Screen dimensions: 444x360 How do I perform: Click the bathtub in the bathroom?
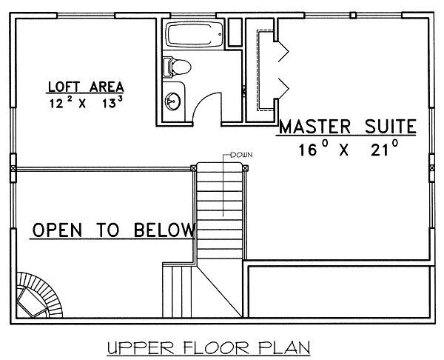[x=194, y=35]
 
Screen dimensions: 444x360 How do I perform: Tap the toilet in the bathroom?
[x=177, y=67]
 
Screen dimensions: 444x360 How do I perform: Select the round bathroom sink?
[x=172, y=101]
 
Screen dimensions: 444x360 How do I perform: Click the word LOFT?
[x=64, y=87]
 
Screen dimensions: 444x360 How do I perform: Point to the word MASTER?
[x=315, y=127]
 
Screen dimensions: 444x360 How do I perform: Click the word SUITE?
[x=391, y=127]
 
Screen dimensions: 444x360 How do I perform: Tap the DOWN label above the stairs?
[x=241, y=155]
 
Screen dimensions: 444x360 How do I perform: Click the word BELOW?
[x=164, y=230]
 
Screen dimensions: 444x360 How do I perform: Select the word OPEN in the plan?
[x=57, y=230]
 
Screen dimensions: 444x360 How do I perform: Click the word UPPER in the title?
[x=141, y=347]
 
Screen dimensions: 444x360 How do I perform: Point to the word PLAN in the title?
[x=285, y=347]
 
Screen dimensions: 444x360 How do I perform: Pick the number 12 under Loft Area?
[x=56, y=104]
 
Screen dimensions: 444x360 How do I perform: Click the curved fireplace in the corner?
[x=39, y=295]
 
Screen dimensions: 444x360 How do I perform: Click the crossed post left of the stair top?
[x=193, y=168]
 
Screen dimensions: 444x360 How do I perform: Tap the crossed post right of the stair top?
[x=245, y=168]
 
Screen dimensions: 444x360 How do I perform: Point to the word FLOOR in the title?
[x=216, y=347]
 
